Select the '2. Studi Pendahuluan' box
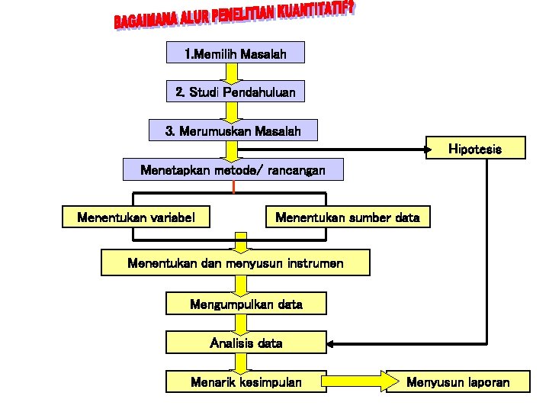coord(236,92)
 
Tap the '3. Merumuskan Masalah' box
coord(233,130)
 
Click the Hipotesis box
coord(475,148)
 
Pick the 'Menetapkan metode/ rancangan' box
coord(233,169)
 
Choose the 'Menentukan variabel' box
coord(136,217)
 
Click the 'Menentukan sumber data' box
coord(347,217)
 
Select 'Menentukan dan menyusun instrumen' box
coord(236,263)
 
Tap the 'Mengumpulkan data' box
coord(246,304)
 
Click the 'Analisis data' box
coord(246,343)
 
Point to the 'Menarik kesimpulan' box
coord(246,381)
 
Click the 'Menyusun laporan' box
coord(457,381)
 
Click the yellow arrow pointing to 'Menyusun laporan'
coord(358,379)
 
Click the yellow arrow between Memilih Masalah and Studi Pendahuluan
coord(230,72)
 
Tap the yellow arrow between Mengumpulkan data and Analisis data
coord(240,323)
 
